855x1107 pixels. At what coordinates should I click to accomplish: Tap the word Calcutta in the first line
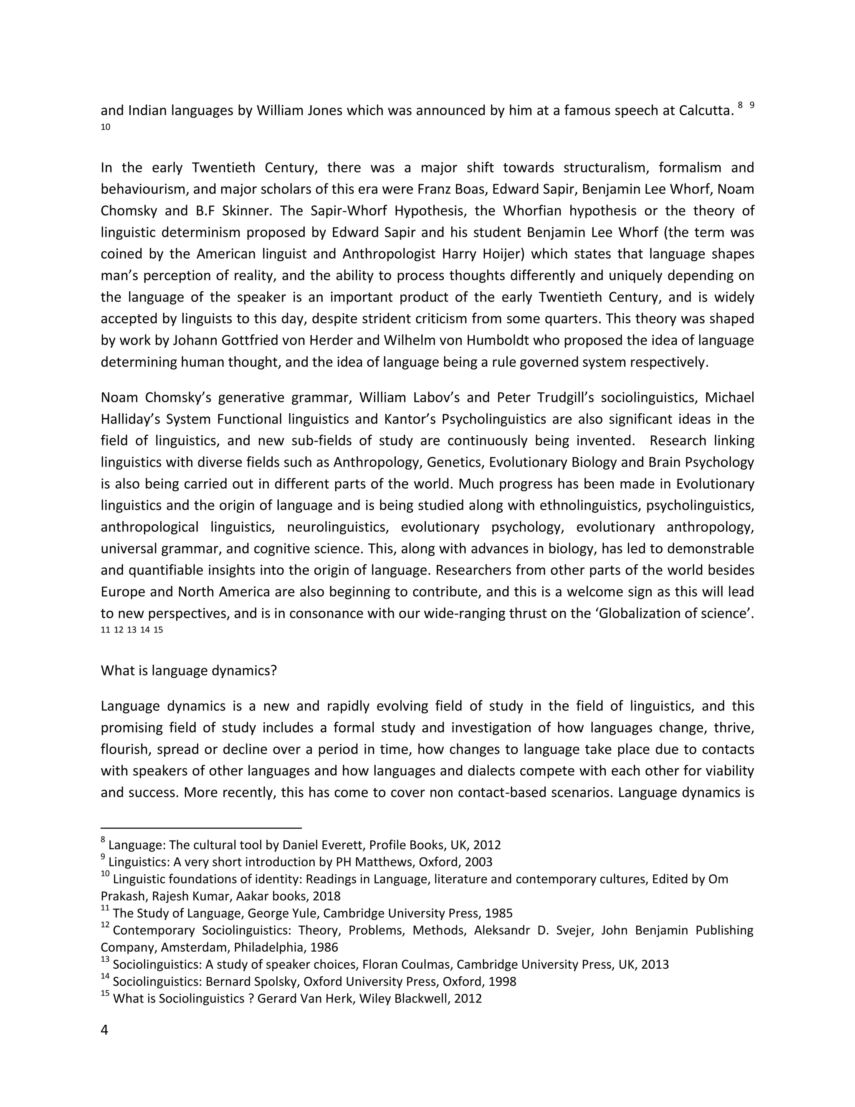[706, 111]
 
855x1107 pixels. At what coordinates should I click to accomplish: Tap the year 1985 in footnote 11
[498, 913]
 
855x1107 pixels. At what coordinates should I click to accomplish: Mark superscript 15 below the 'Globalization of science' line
[158, 630]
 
